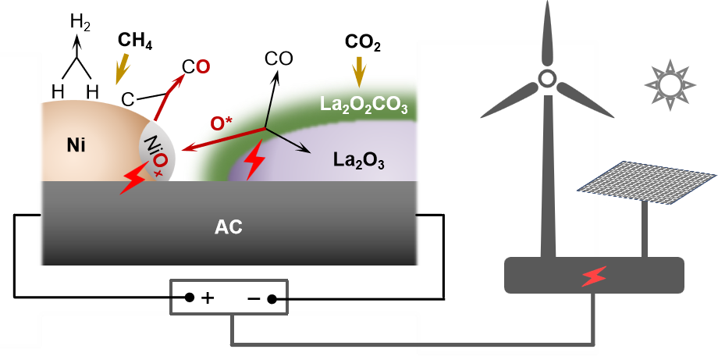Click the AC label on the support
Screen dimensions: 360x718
coord(229,228)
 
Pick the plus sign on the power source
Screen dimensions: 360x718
coord(208,298)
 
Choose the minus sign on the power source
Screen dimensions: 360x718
coord(254,298)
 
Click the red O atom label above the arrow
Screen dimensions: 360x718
coord(203,67)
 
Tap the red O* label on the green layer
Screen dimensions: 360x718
coord(222,123)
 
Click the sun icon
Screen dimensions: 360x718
coord(669,84)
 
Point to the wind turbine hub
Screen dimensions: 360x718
coord(547,78)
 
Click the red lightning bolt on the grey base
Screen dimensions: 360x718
coord(595,276)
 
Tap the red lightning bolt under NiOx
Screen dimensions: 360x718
coord(132,182)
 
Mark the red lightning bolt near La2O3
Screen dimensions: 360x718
coord(254,162)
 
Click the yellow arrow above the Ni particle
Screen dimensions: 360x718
coord(121,71)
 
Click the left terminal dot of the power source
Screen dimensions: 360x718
coord(189,298)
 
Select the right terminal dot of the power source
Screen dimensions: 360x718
coord(272,298)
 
